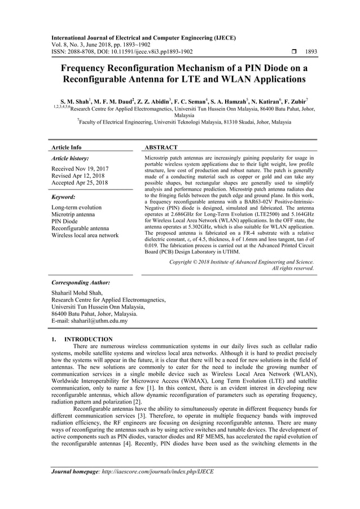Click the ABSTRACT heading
point(162,147)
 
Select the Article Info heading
point(66,147)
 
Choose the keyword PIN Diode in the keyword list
point(64,221)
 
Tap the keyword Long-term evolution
point(77,207)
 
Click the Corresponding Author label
point(80,282)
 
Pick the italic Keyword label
point(63,197)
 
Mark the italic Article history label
point(69,159)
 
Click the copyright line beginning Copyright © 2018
point(242,262)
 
